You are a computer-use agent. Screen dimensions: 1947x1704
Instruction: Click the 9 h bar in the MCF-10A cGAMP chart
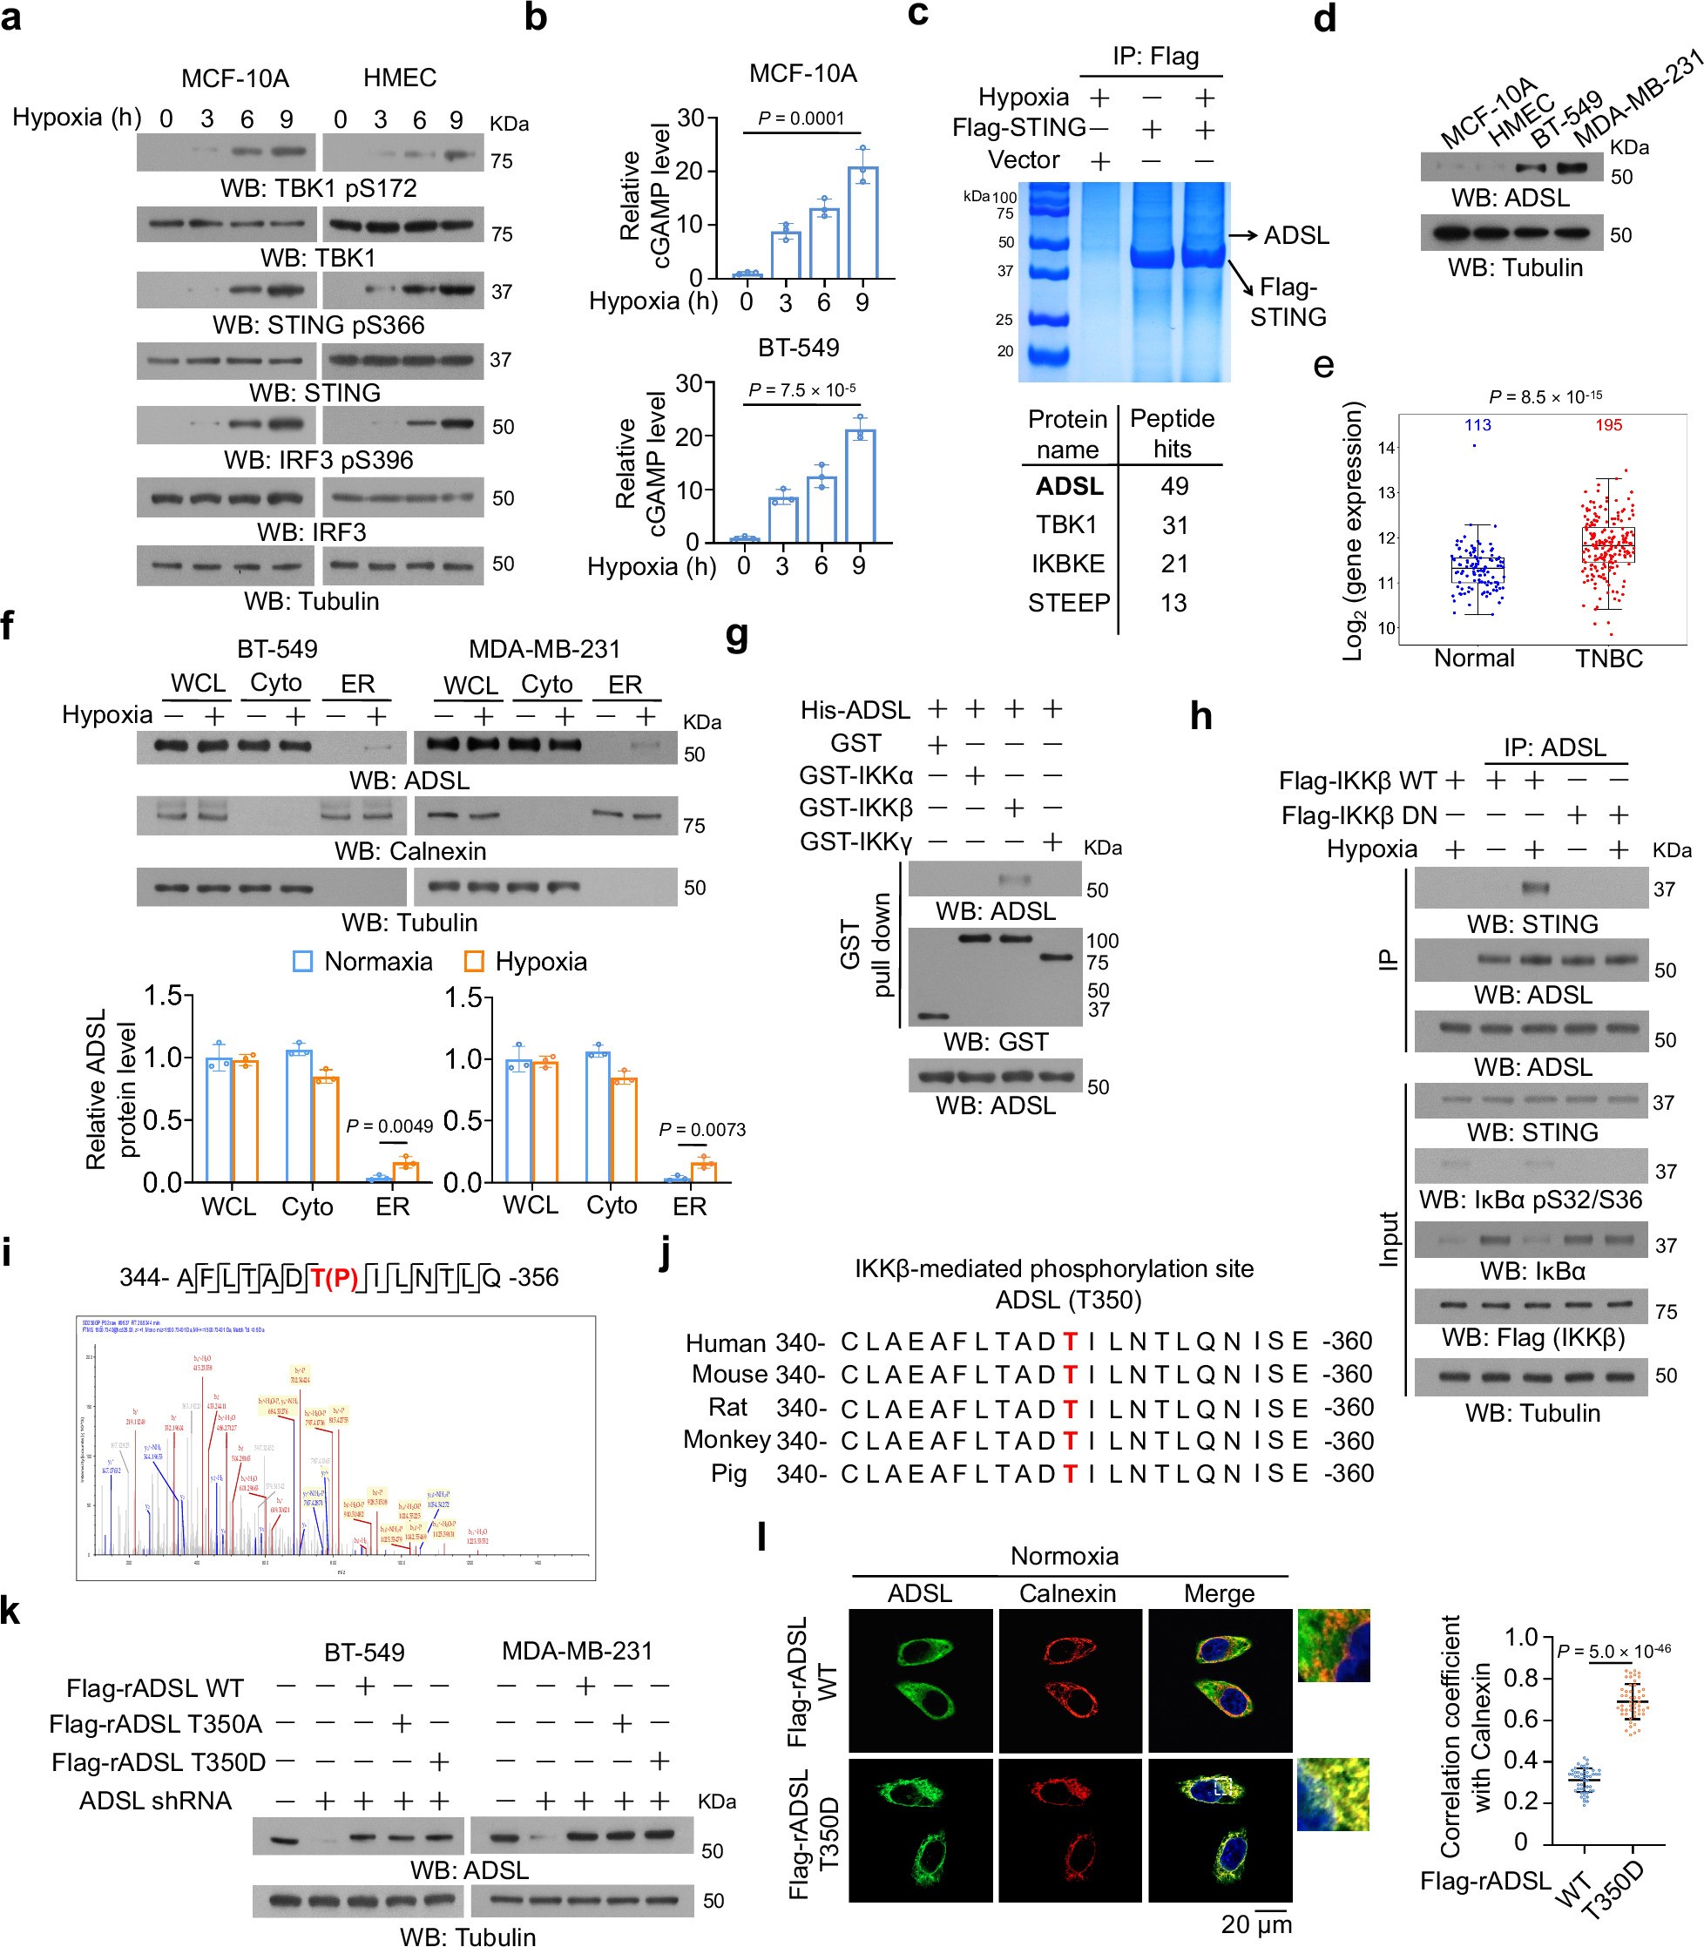[x=862, y=222]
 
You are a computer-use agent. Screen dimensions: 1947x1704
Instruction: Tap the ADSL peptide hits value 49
[x=1174, y=487]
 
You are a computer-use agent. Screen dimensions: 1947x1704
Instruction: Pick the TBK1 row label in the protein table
[x=1067, y=525]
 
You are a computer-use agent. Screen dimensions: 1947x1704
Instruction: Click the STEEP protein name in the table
[x=1069, y=603]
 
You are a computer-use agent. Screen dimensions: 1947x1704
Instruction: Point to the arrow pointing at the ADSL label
[x=1240, y=235]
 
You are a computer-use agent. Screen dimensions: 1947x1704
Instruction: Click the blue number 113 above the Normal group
[x=1477, y=425]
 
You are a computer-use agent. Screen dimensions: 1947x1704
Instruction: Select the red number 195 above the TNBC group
[x=1608, y=425]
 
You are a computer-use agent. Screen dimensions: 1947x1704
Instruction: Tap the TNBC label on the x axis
[x=1609, y=659]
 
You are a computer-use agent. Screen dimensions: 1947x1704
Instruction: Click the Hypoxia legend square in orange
[x=474, y=962]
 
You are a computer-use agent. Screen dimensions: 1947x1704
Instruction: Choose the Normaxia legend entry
[x=362, y=962]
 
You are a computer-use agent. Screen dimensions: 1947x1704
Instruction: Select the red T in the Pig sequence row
[x=1070, y=1474]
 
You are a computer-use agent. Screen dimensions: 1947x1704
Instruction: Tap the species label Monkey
[x=726, y=1439]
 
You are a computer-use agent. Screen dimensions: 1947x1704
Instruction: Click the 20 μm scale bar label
[x=1256, y=1924]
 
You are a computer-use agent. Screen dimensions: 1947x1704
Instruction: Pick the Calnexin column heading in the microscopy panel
[x=1067, y=1593]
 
